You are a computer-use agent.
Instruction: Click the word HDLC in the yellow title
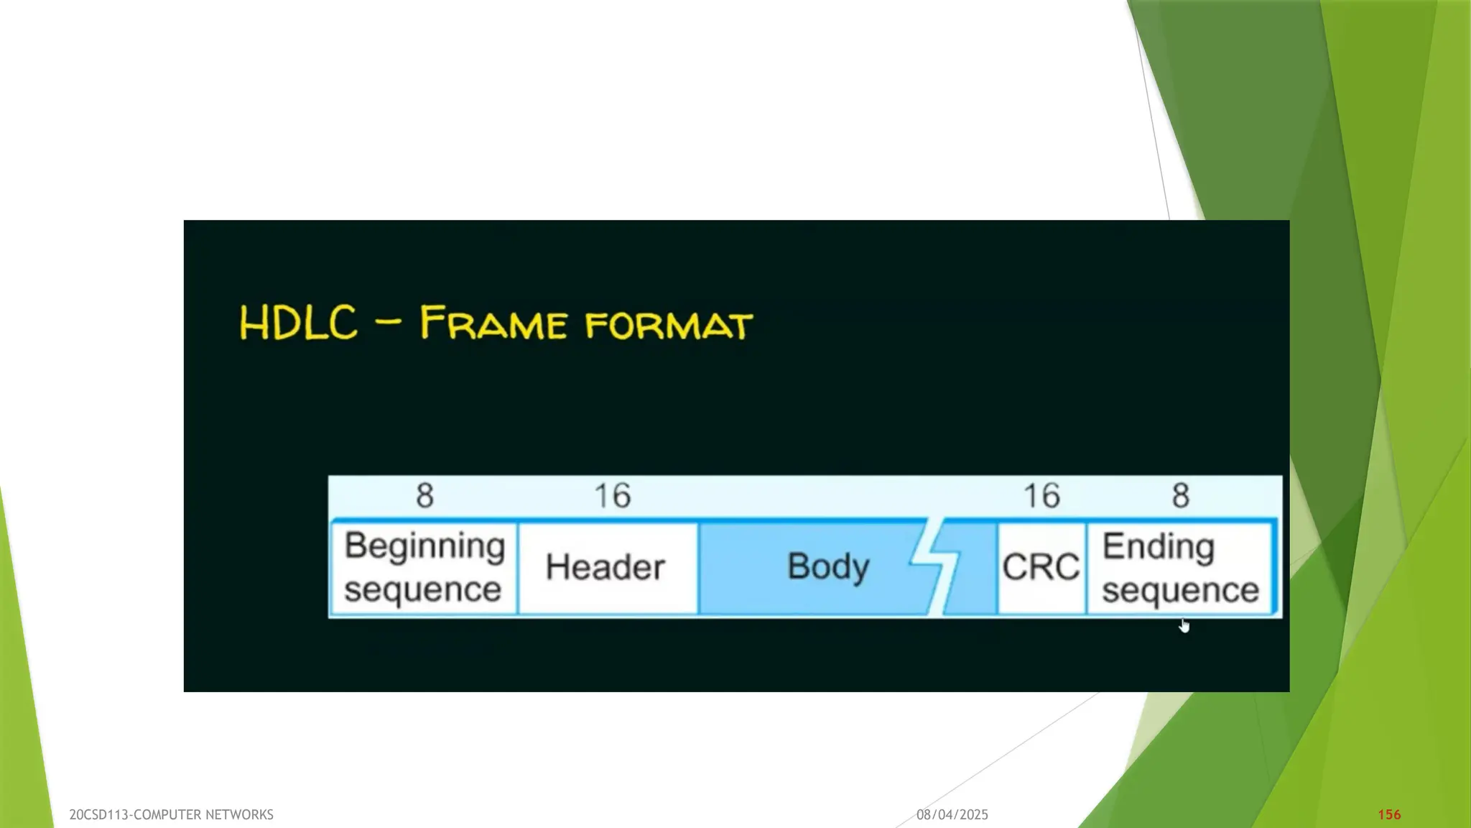298,323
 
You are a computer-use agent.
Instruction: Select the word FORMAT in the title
669,325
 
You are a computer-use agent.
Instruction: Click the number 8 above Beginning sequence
424,495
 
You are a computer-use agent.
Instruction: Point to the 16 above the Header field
612,495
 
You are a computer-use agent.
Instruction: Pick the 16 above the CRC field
1041,495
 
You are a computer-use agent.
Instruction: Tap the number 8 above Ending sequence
1181,495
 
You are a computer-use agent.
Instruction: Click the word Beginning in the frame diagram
424,546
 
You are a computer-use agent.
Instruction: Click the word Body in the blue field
828,567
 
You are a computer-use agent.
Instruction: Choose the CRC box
1041,567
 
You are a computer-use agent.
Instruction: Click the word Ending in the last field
1158,547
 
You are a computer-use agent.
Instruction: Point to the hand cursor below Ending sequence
1184,627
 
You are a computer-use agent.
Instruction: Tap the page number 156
1389,814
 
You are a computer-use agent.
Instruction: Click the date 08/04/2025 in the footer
952,814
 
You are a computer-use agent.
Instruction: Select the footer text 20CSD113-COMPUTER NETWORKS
171,814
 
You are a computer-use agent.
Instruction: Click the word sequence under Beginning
422,590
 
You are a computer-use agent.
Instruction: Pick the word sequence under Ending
1180,591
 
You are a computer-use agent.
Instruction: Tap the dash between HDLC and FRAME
388,322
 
